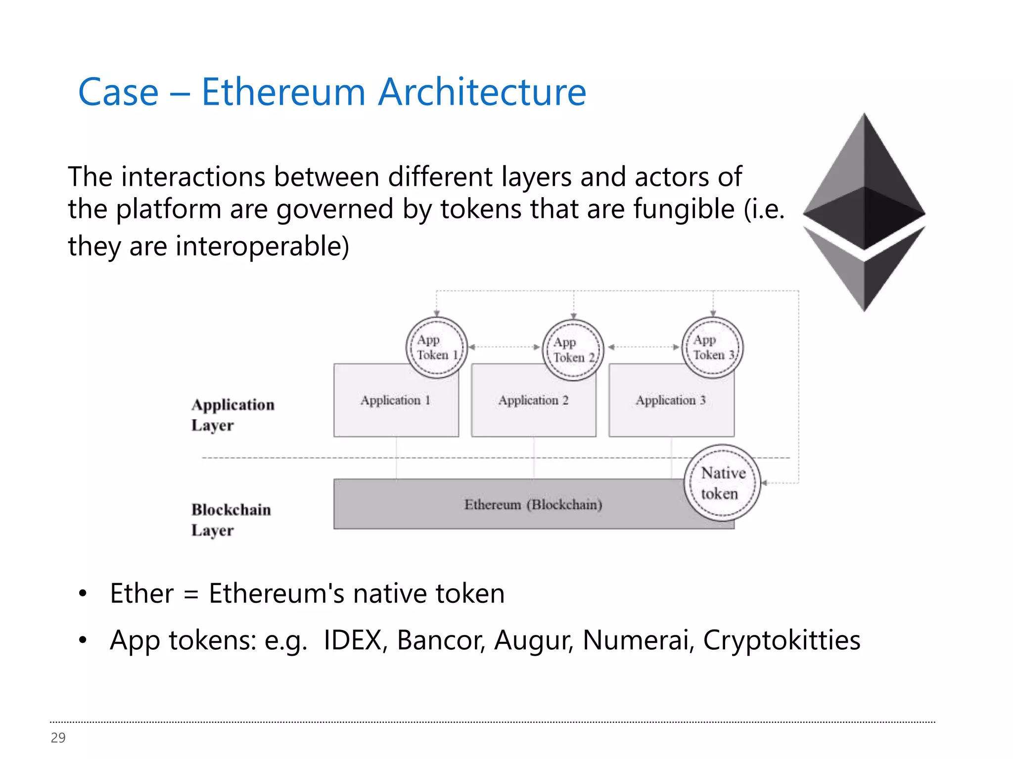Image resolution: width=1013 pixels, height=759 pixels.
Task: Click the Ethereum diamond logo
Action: tap(864, 212)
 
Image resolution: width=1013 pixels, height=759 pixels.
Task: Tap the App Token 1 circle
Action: tap(436, 347)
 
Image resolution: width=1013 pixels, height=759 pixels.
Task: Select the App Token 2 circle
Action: tap(573, 349)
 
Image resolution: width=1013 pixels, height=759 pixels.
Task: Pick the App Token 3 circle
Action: tap(712, 347)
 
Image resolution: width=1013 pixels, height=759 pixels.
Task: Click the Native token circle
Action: tap(722, 483)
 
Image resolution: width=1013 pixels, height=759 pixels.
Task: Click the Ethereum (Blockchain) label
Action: tap(533, 505)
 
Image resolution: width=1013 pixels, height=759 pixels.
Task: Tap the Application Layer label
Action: tap(232, 415)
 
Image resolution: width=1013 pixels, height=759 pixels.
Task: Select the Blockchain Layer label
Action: tap(231, 519)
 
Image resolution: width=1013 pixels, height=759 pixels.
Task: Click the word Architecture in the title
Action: tap(482, 92)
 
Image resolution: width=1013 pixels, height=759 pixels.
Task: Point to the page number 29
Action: tap(58, 737)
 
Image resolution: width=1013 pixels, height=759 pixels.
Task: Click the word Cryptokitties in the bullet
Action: tap(781, 640)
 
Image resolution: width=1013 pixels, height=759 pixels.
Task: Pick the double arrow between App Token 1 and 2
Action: tap(504, 347)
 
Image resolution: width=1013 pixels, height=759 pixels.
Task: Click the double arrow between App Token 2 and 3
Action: tap(643, 347)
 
